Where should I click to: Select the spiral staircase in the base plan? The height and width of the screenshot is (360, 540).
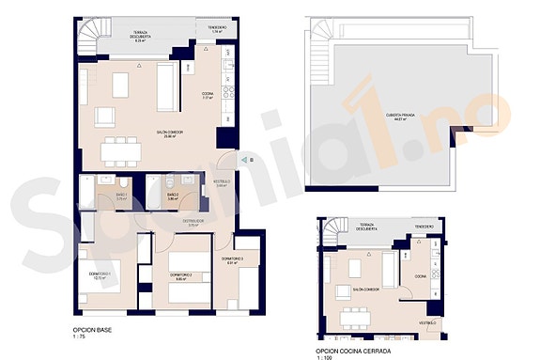(87, 37)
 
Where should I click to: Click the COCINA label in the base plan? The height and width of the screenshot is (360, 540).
(208, 95)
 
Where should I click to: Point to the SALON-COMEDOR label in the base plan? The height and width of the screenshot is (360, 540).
(169, 134)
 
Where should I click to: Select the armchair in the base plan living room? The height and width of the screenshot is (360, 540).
(104, 116)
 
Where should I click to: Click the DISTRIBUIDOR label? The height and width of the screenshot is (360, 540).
(193, 223)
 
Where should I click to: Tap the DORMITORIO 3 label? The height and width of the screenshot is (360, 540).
(233, 260)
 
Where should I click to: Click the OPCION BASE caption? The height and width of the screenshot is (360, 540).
(91, 330)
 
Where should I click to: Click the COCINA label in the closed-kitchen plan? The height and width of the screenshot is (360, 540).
(421, 277)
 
